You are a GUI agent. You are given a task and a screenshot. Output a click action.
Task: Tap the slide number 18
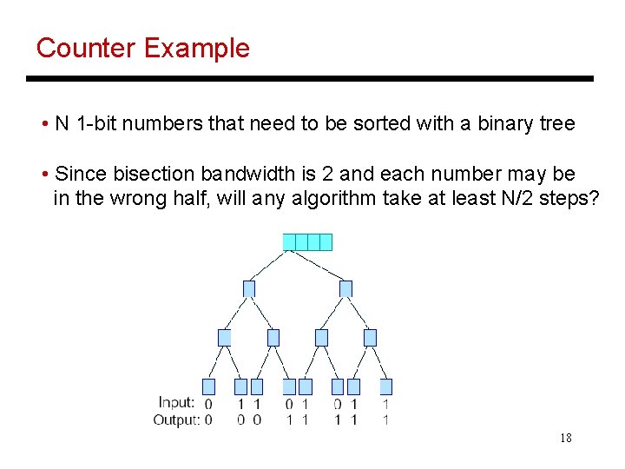565,438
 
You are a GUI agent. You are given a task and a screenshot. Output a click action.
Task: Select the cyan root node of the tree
307,241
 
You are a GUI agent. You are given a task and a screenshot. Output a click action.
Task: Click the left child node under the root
249,288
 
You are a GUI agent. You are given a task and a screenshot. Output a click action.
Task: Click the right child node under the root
345,288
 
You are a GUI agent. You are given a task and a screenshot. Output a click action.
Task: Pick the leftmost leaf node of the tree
208,386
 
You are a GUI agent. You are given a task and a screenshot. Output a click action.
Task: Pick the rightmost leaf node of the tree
385,386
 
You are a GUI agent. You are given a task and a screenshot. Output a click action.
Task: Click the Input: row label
176,403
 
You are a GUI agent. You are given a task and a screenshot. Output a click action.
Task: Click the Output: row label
176,420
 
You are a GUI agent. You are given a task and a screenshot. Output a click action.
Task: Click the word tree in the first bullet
557,123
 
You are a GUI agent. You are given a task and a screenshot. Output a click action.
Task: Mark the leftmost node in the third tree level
225,337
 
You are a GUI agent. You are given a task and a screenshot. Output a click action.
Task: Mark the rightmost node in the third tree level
370,337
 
